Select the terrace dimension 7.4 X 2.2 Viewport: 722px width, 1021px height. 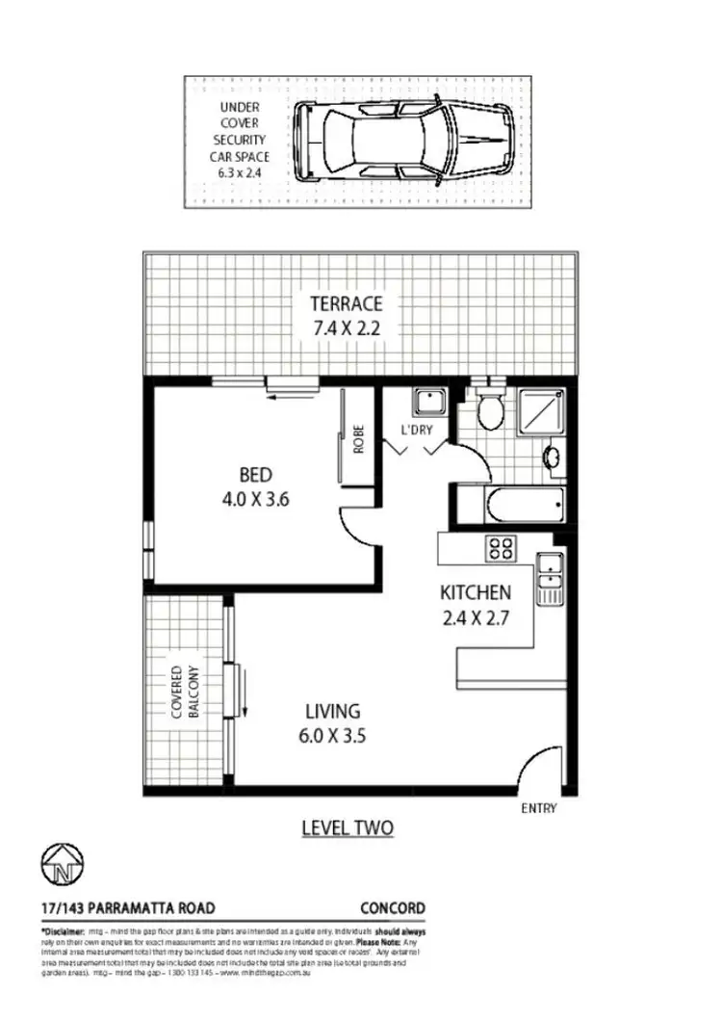click(x=346, y=327)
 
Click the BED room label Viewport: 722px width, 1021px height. click(x=256, y=475)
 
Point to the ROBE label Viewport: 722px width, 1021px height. click(x=359, y=440)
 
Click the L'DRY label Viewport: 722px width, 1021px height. click(x=418, y=430)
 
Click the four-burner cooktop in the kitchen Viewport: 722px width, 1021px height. click(x=501, y=548)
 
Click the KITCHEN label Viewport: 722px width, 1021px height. click(x=476, y=592)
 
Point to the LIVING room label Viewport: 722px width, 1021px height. click(x=332, y=713)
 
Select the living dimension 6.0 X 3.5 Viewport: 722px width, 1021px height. click(x=333, y=737)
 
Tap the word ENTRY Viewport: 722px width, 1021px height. click(x=538, y=809)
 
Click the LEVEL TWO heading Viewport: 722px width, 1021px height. click(x=348, y=827)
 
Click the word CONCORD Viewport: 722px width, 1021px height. click(x=393, y=908)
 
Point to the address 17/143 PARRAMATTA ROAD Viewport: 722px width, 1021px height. click(x=128, y=908)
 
